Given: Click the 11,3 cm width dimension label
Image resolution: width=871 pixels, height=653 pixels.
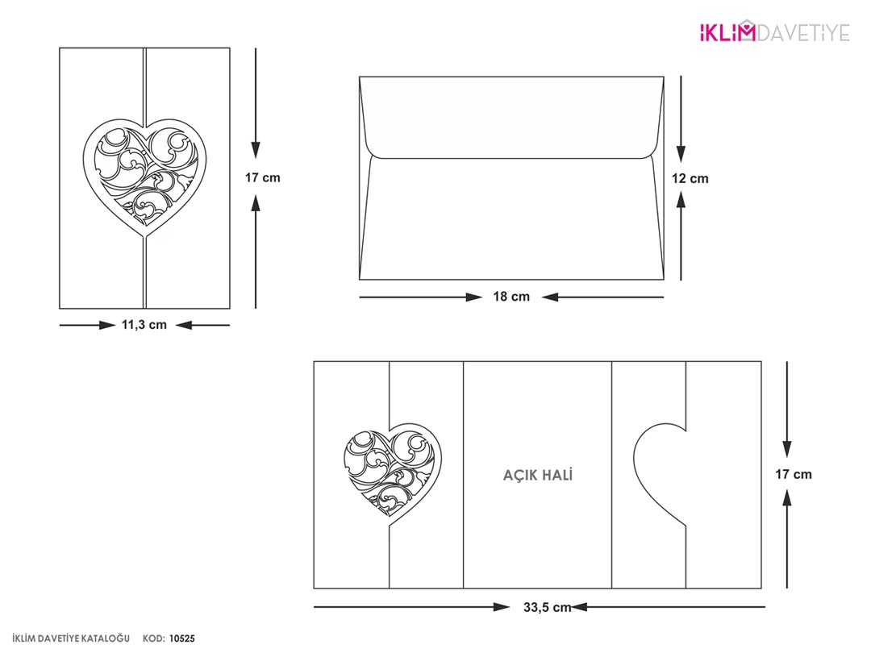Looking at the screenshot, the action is (144, 325).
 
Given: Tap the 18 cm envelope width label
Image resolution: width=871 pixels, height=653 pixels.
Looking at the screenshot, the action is (511, 297).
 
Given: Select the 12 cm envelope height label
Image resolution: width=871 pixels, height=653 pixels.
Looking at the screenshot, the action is (690, 178).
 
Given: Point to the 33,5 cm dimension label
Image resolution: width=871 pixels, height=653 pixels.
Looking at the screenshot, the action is (547, 608).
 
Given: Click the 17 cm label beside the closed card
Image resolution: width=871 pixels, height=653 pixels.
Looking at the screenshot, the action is (263, 177).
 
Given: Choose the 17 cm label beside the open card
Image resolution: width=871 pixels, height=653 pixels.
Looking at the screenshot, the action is (794, 474).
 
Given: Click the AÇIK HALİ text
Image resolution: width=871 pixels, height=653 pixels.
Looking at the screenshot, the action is (538, 475).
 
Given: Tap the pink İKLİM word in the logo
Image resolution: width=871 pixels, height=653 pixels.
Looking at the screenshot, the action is (727, 31).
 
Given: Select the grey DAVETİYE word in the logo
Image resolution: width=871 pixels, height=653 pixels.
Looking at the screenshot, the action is (803, 33).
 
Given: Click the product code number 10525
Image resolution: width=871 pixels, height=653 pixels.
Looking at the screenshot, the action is (182, 638).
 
